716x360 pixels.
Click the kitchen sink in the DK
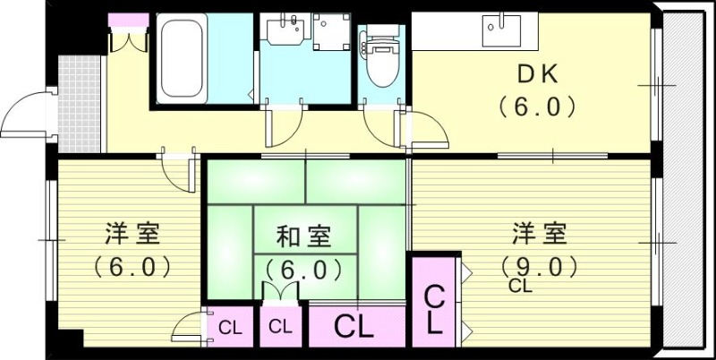click(503, 30)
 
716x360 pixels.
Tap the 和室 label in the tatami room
click(303, 236)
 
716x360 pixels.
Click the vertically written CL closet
click(433, 310)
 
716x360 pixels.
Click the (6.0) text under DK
click(535, 107)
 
